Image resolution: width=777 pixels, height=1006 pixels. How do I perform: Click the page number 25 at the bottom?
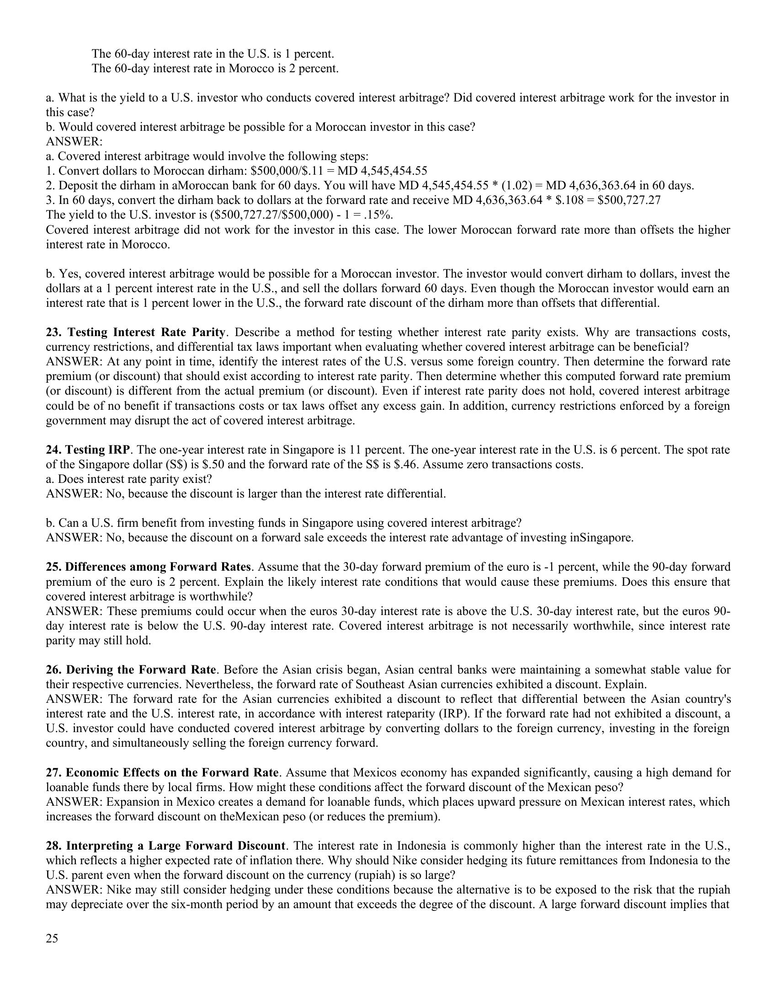click(52, 938)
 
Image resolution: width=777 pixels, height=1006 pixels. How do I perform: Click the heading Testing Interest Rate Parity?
click(146, 332)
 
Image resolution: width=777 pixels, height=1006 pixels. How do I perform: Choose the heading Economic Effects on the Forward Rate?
click(172, 772)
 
